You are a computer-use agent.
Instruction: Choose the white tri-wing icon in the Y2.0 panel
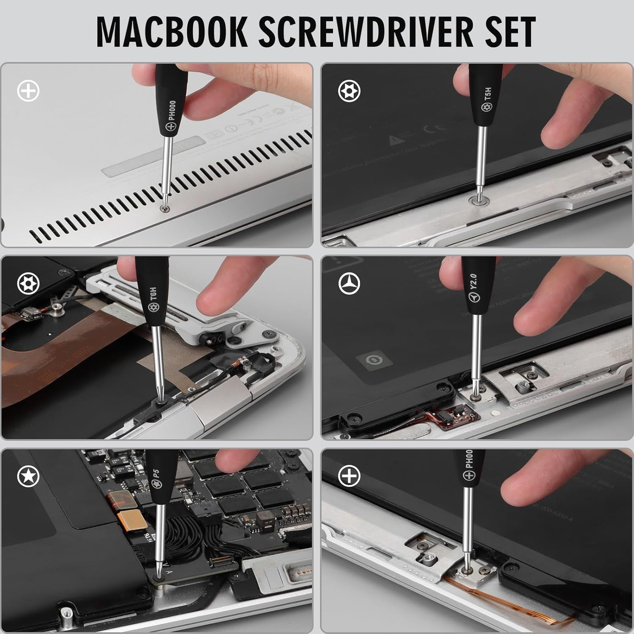(x=349, y=284)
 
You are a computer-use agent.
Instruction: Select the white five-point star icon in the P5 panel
(x=28, y=476)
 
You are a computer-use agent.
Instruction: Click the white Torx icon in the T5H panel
(x=349, y=91)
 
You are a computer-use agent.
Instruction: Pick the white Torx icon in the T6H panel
(x=28, y=284)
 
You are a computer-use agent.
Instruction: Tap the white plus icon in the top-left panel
(x=28, y=91)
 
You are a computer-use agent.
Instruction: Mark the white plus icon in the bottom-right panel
(x=349, y=476)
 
